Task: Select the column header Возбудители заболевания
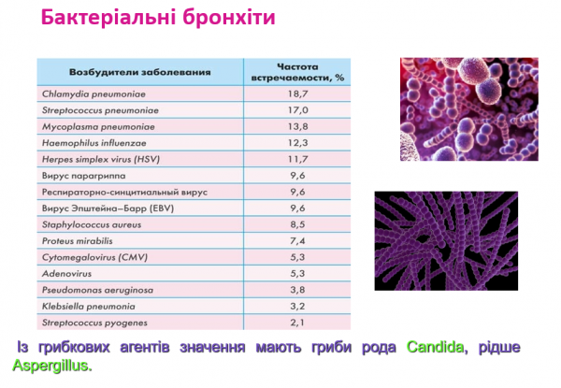click(x=139, y=72)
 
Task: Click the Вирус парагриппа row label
click(x=85, y=175)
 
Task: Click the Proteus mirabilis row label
click(x=82, y=240)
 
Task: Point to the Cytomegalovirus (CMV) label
click(x=93, y=257)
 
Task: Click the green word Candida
click(x=435, y=348)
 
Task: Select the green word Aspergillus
click(x=52, y=366)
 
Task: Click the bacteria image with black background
click(x=445, y=240)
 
